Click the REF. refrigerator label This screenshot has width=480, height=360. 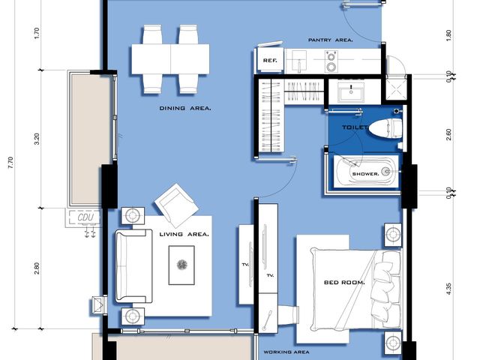(x=270, y=61)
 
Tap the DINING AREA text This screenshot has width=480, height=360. (x=185, y=108)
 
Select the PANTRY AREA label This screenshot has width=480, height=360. (x=330, y=40)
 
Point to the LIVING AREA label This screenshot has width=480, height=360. (x=184, y=235)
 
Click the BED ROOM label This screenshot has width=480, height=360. (x=344, y=283)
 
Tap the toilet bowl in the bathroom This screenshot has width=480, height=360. (x=385, y=128)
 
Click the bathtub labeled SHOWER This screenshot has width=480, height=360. (x=366, y=171)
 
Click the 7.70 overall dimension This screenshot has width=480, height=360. (x=10, y=163)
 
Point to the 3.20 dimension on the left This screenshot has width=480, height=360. (x=37, y=139)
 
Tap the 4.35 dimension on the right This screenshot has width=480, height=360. (x=448, y=289)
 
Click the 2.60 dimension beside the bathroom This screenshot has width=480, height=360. (x=448, y=134)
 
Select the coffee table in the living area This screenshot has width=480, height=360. (x=181, y=265)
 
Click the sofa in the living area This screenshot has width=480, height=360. (x=133, y=266)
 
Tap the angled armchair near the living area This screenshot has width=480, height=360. (x=177, y=202)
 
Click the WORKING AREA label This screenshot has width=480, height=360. (x=286, y=352)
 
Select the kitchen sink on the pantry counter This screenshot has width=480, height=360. (x=299, y=61)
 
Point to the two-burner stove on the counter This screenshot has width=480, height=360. (x=331, y=61)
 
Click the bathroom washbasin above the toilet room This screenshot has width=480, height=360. (x=351, y=91)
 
